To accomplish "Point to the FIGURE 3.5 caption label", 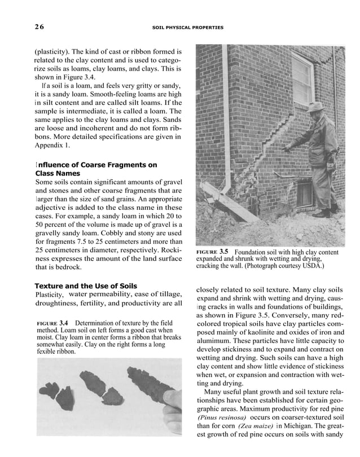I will tap(212, 251).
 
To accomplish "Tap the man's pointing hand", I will tap(289, 148).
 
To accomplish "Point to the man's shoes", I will tap(323, 213).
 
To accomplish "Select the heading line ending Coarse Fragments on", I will tap(96, 165).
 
